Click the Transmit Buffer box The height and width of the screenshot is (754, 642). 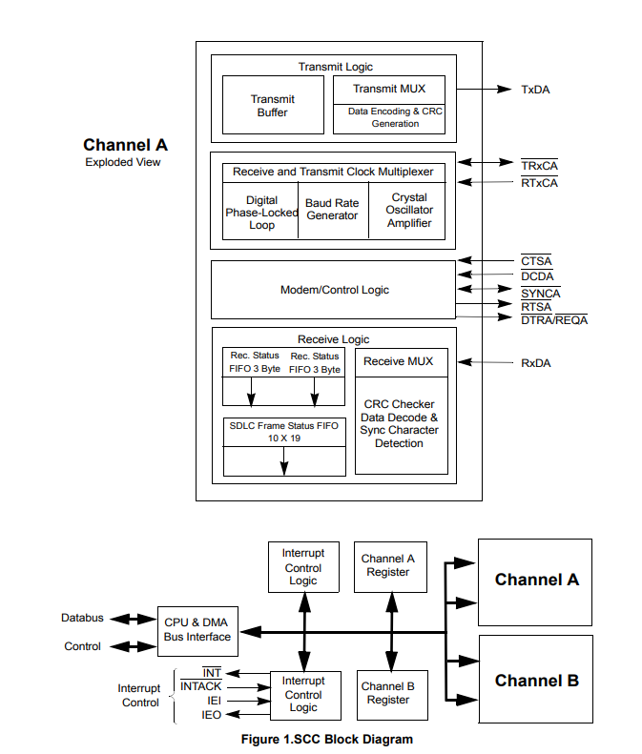(274, 106)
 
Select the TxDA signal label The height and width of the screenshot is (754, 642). (535, 90)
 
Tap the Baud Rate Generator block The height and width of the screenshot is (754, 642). (332, 210)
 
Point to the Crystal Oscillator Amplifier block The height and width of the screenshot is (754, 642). (409, 211)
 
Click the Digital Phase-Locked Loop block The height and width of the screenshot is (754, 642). (261, 213)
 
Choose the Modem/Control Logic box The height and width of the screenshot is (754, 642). (334, 290)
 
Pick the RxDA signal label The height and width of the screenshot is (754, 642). (536, 363)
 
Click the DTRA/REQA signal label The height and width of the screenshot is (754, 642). (553, 320)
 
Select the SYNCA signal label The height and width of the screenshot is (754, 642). (541, 294)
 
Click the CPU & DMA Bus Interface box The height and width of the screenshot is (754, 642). (197, 630)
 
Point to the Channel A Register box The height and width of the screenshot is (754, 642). (388, 565)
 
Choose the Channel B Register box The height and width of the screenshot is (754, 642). (388, 693)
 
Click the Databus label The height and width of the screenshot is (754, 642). (82, 618)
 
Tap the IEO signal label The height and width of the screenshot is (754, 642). (212, 714)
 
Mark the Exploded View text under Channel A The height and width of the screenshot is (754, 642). (123, 162)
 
